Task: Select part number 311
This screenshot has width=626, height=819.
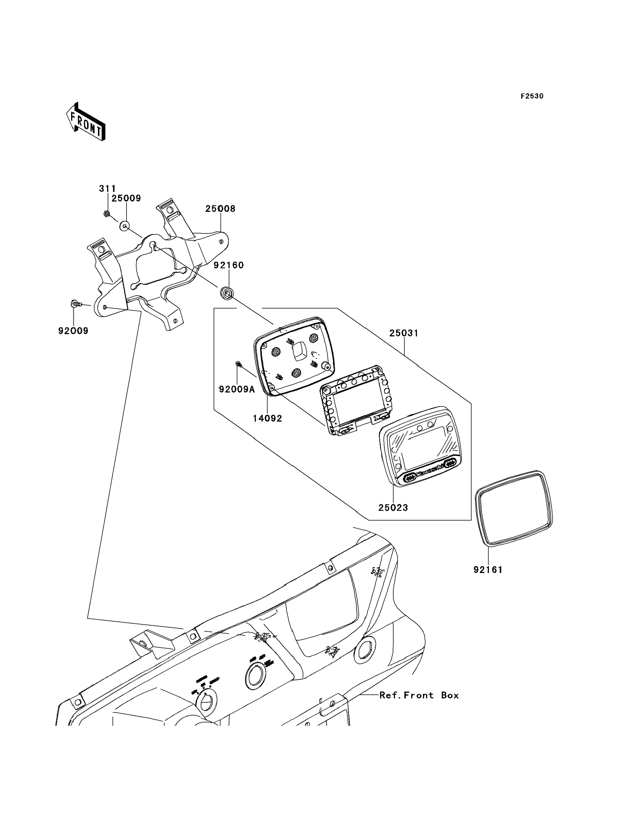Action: pos(107,189)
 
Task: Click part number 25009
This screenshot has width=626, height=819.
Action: pos(126,198)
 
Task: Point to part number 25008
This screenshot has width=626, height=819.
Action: pos(220,209)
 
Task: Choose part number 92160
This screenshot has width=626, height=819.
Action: pos(229,265)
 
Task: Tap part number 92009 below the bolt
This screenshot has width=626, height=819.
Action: pos(73,331)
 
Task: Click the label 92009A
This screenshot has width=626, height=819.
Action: pos(237,390)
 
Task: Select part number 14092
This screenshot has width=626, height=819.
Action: pos(268,418)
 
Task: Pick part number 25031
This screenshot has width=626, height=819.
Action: pos(404,333)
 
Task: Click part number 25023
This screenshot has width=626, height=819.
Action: pos(393,507)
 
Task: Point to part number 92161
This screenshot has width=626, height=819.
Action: pos(488,570)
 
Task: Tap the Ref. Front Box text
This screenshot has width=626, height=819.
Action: pos(419,695)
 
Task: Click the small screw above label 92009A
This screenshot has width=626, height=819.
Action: pos(238,364)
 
